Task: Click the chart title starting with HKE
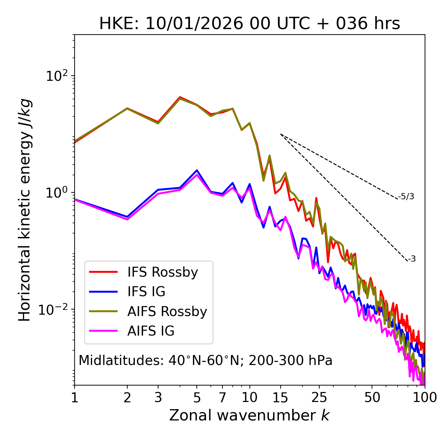(x=249, y=24)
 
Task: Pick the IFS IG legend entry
(x=146, y=292)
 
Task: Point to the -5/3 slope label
(x=406, y=197)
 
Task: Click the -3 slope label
(x=412, y=259)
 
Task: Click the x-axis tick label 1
(x=75, y=398)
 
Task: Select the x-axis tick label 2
(x=127, y=398)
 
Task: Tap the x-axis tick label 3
(x=158, y=398)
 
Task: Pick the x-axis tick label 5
(x=197, y=398)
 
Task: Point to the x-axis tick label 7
(x=222, y=398)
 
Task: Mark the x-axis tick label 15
(x=281, y=398)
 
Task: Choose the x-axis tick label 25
(x=319, y=398)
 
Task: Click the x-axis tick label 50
(x=372, y=398)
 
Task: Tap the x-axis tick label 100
(x=425, y=398)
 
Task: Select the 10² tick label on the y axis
(x=56, y=76)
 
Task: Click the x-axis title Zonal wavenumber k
(x=249, y=415)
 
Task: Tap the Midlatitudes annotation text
(x=205, y=361)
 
